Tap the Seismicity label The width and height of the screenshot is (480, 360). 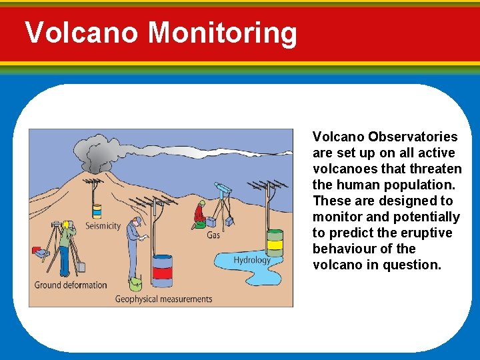tap(103, 226)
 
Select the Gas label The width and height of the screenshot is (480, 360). tap(213, 235)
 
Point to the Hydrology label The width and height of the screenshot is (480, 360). tap(252, 260)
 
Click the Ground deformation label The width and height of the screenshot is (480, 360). tap(71, 285)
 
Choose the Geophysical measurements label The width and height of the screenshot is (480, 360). tap(163, 299)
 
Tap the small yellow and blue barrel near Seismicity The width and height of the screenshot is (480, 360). tap(97, 211)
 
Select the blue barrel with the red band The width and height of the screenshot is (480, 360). tap(162, 271)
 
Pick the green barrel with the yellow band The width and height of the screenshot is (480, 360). tap(275, 244)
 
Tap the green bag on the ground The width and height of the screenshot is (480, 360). tap(136, 284)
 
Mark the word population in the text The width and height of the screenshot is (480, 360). tap(420, 185)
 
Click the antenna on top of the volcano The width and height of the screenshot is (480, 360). tap(93, 181)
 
